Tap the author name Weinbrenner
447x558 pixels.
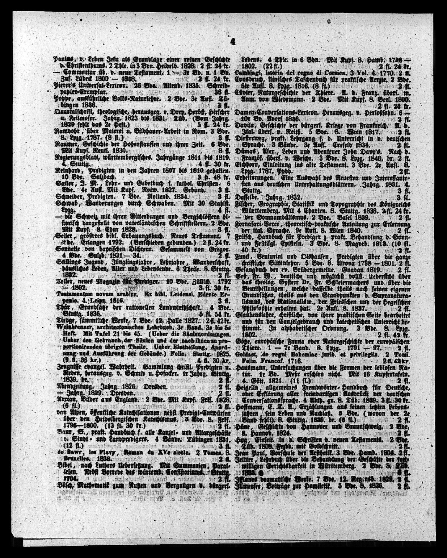[x=69, y=328]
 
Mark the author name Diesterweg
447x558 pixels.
[x=250, y=138]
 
